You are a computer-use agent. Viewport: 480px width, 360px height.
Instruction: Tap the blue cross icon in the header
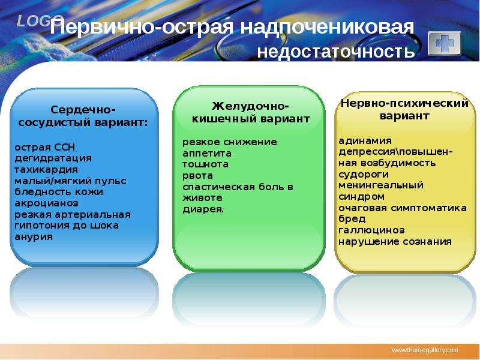[x=444, y=43]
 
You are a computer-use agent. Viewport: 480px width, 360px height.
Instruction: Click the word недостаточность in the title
[x=336, y=50]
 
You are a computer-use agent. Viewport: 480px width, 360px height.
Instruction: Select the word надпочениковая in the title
[x=327, y=28]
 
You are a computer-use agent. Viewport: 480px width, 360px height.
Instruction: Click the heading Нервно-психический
[x=404, y=103]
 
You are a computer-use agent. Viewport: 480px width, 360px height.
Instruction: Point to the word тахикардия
[x=46, y=170]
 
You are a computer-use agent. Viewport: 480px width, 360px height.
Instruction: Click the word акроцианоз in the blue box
[x=47, y=203]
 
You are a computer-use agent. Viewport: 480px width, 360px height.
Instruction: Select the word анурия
[x=34, y=236]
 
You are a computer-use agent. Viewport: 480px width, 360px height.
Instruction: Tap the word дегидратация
[x=53, y=158]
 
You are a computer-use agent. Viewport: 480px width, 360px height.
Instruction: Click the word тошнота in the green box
[x=205, y=164]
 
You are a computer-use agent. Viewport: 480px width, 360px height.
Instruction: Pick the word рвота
[x=198, y=176]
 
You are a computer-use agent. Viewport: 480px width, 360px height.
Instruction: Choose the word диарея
[x=203, y=209]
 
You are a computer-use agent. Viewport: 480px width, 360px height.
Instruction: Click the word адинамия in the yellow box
[x=365, y=140]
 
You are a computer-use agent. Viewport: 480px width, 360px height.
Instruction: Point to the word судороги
[x=364, y=175]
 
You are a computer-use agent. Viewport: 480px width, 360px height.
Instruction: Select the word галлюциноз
[x=371, y=230]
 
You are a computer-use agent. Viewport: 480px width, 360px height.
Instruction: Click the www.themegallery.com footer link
[x=425, y=350]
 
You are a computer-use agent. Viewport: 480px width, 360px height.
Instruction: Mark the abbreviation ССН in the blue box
[x=64, y=147]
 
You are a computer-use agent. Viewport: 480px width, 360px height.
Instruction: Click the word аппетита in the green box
[x=207, y=154]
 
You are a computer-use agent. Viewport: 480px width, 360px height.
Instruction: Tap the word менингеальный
[x=381, y=185]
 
